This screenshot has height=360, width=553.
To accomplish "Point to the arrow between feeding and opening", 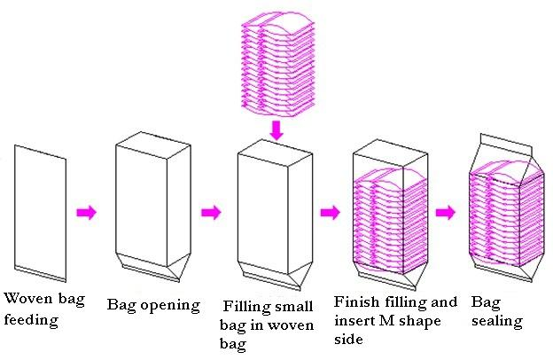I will [x=86, y=213].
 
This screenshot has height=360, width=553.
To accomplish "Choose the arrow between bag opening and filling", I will [x=211, y=213].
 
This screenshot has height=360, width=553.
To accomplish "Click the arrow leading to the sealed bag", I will [x=446, y=213].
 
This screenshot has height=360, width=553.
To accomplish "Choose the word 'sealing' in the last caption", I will [x=496, y=321].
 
